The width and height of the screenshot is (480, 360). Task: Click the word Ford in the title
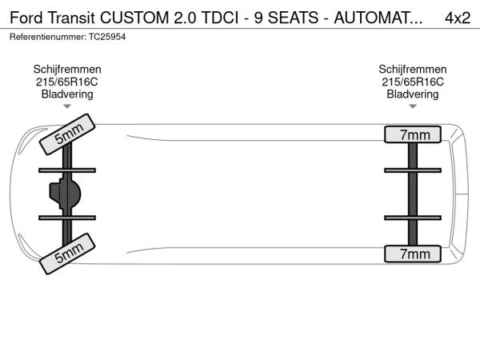[x=26, y=18]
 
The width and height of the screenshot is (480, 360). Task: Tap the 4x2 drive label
[x=458, y=18]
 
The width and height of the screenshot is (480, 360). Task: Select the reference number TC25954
[x=107, y=37]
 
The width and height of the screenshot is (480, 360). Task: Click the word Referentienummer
[x=47, y=37]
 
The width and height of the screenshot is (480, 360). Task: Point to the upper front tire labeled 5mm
[x=67, y=134]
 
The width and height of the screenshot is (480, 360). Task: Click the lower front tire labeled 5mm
[x=67, y=254]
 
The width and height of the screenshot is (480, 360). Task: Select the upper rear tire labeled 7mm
[x=413, y=134]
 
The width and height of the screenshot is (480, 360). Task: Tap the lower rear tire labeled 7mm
[x=413, y=254]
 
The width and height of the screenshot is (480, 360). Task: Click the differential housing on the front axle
[x=65, y=194]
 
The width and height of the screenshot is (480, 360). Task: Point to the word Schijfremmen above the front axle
[x=67, y=69]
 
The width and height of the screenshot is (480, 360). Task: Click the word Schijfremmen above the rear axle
[x=413, y=69]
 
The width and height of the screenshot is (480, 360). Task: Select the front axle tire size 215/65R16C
[x=67, y=82]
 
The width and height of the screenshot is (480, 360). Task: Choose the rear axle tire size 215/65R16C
[x=413, y=82]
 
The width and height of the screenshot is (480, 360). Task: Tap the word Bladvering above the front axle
[x=67, y=94]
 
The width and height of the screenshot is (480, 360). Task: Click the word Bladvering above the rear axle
[x=413, y=94]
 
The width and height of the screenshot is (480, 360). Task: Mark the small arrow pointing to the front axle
[x=67, y=106]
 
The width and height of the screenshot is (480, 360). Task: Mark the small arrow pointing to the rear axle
[x=413, y=106]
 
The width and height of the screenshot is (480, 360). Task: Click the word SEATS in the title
[x=293, y=18]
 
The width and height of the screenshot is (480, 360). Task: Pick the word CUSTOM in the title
[x=134, y=18]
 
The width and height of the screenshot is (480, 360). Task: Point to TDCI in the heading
[x=220, y=18]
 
